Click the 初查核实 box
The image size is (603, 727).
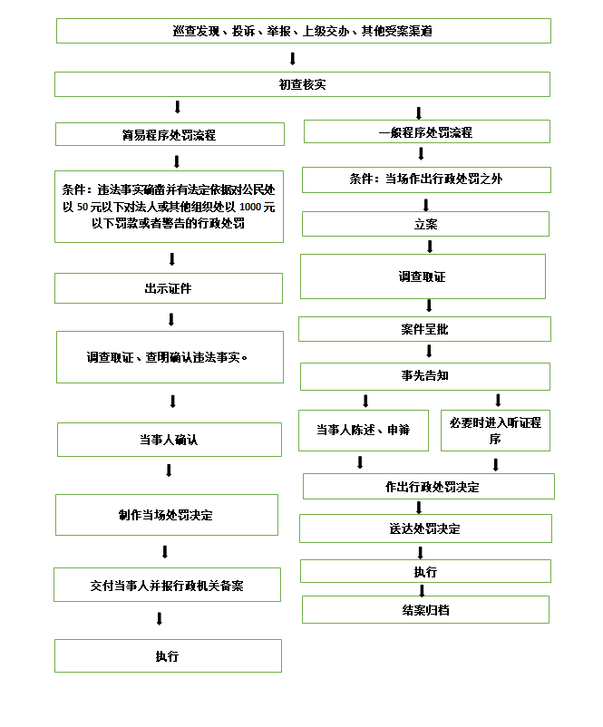303,84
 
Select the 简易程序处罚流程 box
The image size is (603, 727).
170,134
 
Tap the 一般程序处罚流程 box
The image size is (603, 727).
427,131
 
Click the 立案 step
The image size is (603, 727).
426,224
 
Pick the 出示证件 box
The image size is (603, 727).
169,288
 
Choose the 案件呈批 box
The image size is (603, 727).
425,329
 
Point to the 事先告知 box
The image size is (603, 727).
425,376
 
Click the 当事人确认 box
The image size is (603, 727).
170,440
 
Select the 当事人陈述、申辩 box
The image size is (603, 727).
364,431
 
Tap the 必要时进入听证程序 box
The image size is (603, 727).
495,431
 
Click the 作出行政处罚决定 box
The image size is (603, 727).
429,487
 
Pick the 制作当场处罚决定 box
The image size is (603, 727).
167,515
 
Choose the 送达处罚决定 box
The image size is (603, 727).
426,528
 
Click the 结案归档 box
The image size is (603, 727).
426,610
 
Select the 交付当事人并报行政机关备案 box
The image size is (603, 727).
168,585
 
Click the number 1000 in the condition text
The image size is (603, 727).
249,207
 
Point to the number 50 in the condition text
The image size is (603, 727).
83,207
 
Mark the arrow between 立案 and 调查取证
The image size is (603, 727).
430,247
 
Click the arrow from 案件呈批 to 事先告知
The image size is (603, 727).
429,351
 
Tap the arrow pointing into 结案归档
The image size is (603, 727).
423,590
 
